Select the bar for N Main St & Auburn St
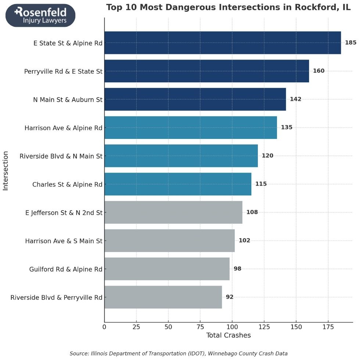point(195,99)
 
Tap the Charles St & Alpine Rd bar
point(178,184)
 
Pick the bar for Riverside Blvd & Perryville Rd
point(163,297)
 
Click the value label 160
point(318,71)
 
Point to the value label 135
point(287,127)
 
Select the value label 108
point(252,212)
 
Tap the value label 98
point(237,269)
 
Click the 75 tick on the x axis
point(200,326)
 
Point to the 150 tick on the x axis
point(296,326)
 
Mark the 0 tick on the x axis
point(104,326)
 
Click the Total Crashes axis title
point(228,335)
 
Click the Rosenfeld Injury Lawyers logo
point(40,15)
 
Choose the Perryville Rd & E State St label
point(63,71)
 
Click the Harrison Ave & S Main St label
point(64,241)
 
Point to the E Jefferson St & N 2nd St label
point(64,212)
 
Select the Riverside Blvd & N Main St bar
point(181,156)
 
